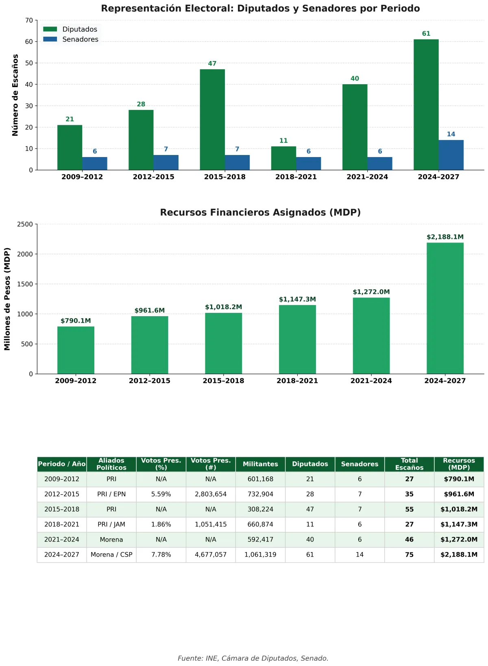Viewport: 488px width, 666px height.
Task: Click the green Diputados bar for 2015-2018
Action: click(x=212, y=120)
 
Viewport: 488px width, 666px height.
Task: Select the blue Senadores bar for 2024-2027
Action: click(x=451, y=155)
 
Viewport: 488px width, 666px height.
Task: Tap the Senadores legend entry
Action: click(x=71, y=39)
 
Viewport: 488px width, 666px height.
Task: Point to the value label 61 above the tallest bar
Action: click(x=426, y=34)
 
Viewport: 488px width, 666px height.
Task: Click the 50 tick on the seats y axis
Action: click(x=29, y=63)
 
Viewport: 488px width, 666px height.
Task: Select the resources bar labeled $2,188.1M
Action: click(x=445, y=308)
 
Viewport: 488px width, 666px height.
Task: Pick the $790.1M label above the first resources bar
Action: click(x=76, y=321)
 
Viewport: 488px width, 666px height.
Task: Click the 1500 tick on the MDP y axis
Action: click(x=25, y=284)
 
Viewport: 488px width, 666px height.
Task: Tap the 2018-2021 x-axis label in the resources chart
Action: click(x=297, y=381)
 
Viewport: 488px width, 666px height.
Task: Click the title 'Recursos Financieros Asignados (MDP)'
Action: click(x=260, y=212)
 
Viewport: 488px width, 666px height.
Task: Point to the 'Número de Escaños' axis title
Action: click(x=15, y=95)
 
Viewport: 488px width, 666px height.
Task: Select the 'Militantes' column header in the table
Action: click(x=260, y=464)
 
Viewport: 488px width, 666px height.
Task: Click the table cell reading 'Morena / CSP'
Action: click(x=111, y=555)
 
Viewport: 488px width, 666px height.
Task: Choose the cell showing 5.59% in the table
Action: click(x=161, y=494)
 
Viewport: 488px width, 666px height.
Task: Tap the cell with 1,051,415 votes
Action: click(x=211, y=524)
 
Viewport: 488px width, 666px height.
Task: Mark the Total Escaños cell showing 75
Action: click(x=409, y=555)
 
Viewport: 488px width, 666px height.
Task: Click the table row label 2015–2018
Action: click(x=62, y=509)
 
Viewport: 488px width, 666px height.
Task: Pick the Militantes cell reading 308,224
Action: click(x=260, y=509)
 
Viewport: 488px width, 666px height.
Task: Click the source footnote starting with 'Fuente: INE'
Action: click(x=253, y=658)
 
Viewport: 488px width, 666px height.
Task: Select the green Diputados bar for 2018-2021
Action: click(x=283, y=158)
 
